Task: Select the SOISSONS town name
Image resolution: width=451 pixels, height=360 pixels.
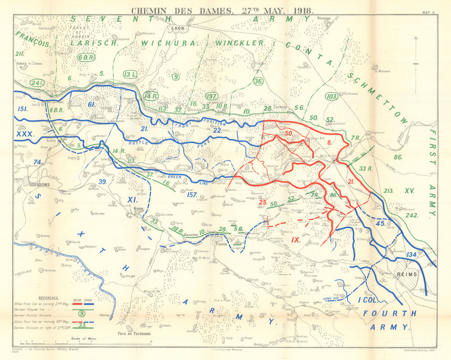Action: [39, 184]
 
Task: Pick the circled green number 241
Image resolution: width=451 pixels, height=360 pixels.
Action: [37, 82]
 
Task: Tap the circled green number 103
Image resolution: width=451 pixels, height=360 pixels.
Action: [331, 96]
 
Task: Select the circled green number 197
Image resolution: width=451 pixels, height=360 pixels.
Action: [211, 96]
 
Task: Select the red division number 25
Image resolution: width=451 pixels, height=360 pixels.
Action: [262, 202]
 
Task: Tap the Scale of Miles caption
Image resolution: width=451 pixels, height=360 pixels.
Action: [85, 337]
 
